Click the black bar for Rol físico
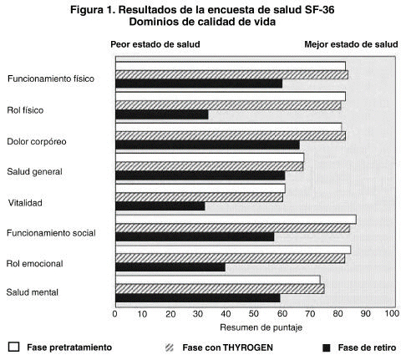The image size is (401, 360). click(162, 114)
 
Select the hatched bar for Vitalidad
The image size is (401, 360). click(199, 197)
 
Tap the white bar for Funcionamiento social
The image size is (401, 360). click(236, 220)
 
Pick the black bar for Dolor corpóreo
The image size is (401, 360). click(207, 145)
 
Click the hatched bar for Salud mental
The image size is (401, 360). click(220, 289)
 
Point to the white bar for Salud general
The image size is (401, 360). click(210, 158)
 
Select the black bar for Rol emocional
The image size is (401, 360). click(170, 267)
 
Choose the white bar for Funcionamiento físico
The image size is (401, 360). click(231, 66)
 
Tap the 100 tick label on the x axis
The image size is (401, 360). click(392, 313)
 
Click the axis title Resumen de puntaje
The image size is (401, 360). click(261, 327)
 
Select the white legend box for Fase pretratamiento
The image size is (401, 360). click(14, 347)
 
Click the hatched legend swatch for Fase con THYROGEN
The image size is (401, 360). click(170, 347)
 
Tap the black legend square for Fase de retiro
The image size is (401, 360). click(326, 347)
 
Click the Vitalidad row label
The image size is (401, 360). click(25, 203)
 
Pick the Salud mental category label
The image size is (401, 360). click(33, 292)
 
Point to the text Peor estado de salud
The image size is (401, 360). click(155, 44)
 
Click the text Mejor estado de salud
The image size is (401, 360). click(351, 44)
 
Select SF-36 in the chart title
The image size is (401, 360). click(318, 10)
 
